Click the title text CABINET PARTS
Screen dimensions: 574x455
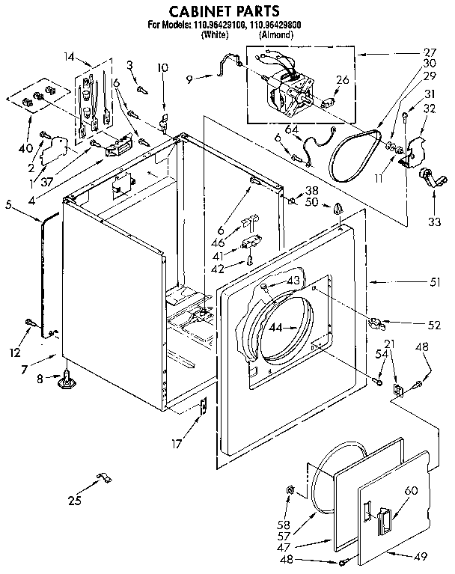(x=224, y=10)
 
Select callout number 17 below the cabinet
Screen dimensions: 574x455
(x=177, y=443)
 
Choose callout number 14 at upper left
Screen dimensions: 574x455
(x=70, y=57)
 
